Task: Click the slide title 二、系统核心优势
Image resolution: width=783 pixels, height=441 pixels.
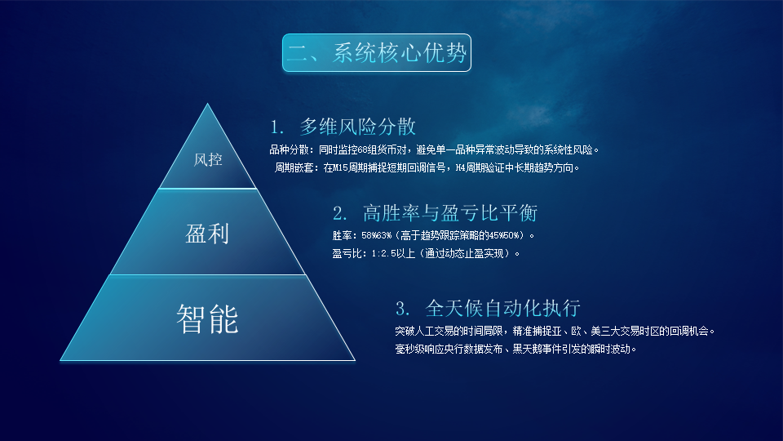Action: click(377, 53)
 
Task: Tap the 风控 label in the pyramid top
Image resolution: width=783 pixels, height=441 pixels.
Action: click(208, 159)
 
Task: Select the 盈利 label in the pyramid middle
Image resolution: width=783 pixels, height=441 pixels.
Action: click(207, 234)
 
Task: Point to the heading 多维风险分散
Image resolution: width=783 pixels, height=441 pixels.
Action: click(358, 127)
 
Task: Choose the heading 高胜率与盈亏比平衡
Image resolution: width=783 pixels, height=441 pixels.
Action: click(449, 214)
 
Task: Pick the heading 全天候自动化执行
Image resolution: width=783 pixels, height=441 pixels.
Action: click(502, 309)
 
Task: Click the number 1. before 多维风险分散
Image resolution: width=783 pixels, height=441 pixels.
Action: click(278, 127)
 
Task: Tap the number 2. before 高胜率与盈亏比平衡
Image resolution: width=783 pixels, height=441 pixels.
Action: click(340, 215)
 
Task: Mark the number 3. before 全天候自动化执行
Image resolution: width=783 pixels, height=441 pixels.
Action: click(402, 310)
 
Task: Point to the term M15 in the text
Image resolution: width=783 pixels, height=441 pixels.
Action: click(341, 168)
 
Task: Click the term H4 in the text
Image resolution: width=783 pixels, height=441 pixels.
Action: click(462, 168)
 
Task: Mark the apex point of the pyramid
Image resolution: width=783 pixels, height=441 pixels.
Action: click(208, 105)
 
